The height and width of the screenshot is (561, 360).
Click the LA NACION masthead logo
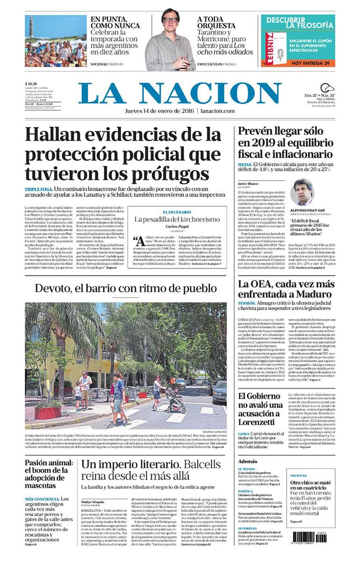[x=180, y=93]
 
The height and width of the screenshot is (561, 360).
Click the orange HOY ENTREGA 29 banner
[x=298, y=63]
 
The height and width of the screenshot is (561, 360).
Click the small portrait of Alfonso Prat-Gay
[x=302, y=192]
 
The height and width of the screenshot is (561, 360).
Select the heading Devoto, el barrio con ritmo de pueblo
[x=125, y=288]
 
